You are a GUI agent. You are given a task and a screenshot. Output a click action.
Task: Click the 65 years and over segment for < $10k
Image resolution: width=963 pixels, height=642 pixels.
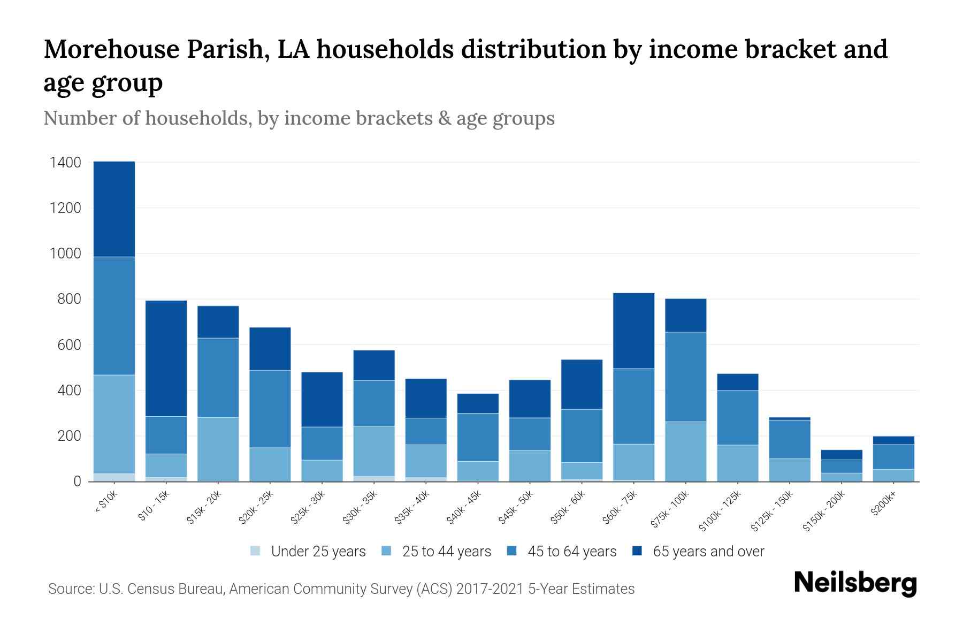(114, 209)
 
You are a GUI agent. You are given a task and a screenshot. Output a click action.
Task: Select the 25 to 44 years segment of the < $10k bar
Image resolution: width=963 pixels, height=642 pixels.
(114, 424)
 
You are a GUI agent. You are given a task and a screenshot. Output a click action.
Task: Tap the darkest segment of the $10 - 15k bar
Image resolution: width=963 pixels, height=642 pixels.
(166, 358)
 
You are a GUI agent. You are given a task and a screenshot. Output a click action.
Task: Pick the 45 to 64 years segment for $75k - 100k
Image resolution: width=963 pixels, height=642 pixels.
(685, 377)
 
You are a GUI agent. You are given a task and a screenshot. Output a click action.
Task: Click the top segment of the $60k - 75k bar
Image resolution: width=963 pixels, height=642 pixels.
(633, 331)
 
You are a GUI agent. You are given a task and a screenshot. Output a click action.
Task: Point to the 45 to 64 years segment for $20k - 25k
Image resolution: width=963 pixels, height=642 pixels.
(270, 409)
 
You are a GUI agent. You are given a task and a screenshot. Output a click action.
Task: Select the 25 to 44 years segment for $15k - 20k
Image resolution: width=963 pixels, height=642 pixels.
(218, 449)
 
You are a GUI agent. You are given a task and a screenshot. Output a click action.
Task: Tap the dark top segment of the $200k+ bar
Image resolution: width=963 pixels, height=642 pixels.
(893, 440)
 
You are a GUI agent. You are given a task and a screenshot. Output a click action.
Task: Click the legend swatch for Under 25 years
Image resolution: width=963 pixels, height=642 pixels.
(256, 551)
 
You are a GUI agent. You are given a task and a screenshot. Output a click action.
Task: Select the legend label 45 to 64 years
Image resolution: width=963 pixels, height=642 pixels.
(571, 552)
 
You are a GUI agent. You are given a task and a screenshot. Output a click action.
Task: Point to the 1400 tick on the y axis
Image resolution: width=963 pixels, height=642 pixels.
(65, 162)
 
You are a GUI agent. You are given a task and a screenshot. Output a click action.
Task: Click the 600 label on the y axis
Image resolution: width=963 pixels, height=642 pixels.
(70, 345)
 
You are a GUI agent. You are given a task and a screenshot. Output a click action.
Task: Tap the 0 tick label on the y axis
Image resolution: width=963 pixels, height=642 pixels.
(77, 481)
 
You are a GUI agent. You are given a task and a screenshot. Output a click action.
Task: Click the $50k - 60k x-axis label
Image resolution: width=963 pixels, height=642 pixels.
(569, 508)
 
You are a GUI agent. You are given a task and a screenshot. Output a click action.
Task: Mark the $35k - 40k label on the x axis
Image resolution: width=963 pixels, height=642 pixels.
(412, 508)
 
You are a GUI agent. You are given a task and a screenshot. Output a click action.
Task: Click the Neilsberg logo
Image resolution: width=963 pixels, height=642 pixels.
(855, 583)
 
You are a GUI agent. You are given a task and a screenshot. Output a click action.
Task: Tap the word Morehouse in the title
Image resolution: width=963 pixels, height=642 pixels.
(111, 49)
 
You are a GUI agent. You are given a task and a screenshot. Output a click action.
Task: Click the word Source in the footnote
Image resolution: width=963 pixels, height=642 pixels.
(70, 589)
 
